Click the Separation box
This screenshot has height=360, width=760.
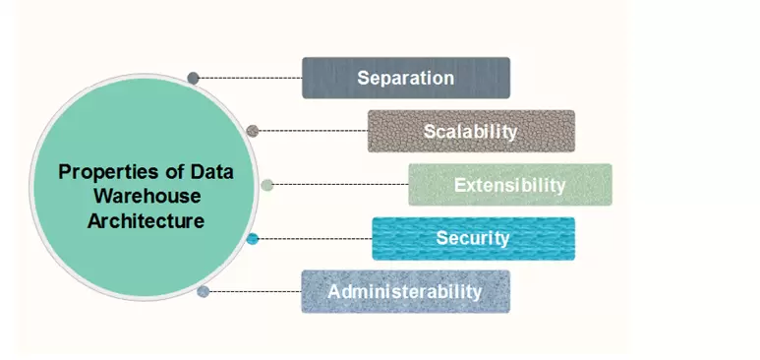[x=405, y=78]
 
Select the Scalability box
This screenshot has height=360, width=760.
[x=471, y=131]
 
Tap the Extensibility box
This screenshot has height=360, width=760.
[x=509, y=185]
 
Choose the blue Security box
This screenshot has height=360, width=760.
[x=473, y=238]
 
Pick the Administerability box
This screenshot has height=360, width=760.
[x=405, y=291]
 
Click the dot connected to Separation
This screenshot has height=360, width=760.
[x=194, y=78]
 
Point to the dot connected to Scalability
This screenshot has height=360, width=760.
[x=253, y=130]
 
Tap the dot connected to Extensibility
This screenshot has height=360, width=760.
[x=267, y=184]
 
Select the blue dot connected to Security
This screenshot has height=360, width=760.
[x=253, y=238]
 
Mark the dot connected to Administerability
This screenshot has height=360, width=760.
[x=203, y=291]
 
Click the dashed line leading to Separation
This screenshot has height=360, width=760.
[x=251, y=78]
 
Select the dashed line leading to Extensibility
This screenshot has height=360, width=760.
[x=340, y=184]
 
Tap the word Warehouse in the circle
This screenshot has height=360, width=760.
[x=146, y=196]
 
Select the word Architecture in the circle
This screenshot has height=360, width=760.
[x=146, y=220]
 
